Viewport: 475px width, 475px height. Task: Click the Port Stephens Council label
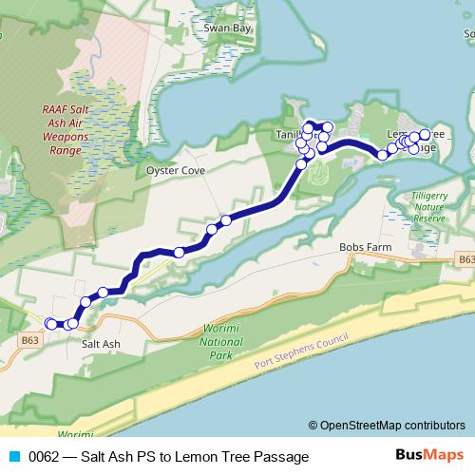[302, 354]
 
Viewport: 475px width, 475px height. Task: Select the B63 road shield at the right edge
[465, 257]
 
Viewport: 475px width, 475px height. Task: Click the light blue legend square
[12, 457]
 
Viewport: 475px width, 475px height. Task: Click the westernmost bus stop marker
[50, 324]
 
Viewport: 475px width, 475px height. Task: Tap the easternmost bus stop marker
[425, 134]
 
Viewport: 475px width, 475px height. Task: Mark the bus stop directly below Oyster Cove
[179, 252]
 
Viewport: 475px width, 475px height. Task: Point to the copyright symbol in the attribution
[313, 425]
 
